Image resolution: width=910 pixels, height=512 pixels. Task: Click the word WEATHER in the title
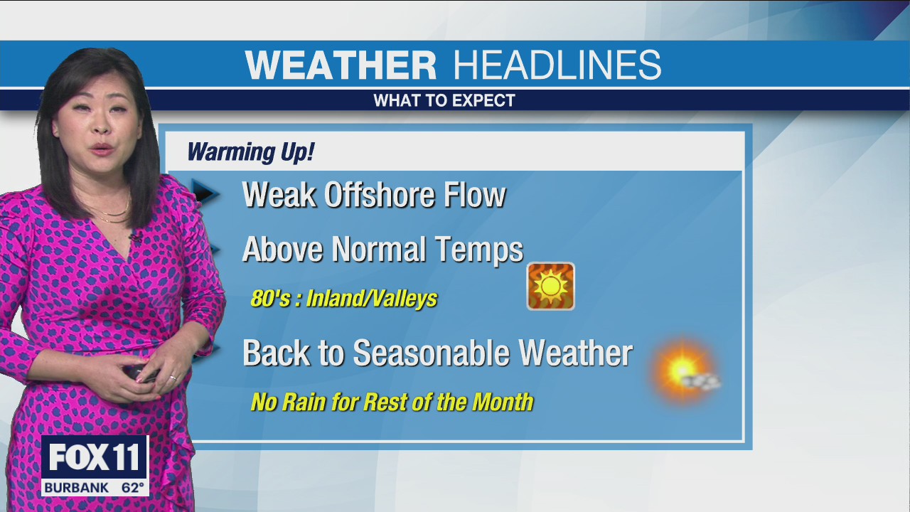(341, 65)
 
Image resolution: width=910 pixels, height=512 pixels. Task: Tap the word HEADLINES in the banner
(558, 65)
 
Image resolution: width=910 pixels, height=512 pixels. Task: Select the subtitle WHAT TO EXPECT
(444, 101)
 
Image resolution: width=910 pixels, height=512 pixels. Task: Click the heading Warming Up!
(250, 152)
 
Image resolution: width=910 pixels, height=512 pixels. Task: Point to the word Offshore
(380, 196)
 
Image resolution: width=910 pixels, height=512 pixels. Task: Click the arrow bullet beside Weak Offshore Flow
(206, 193)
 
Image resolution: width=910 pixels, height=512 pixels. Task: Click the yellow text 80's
(270, 299)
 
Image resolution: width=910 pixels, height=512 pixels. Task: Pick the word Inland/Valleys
(372, 299)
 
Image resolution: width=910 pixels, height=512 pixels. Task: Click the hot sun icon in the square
(550, 287)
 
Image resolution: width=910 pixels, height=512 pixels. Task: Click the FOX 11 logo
(95, 459)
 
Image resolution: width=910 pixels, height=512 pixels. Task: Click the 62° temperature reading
(132, 489)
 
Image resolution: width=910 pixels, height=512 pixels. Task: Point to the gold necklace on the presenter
(114, 213)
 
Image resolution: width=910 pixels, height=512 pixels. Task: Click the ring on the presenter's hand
(173, 378)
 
